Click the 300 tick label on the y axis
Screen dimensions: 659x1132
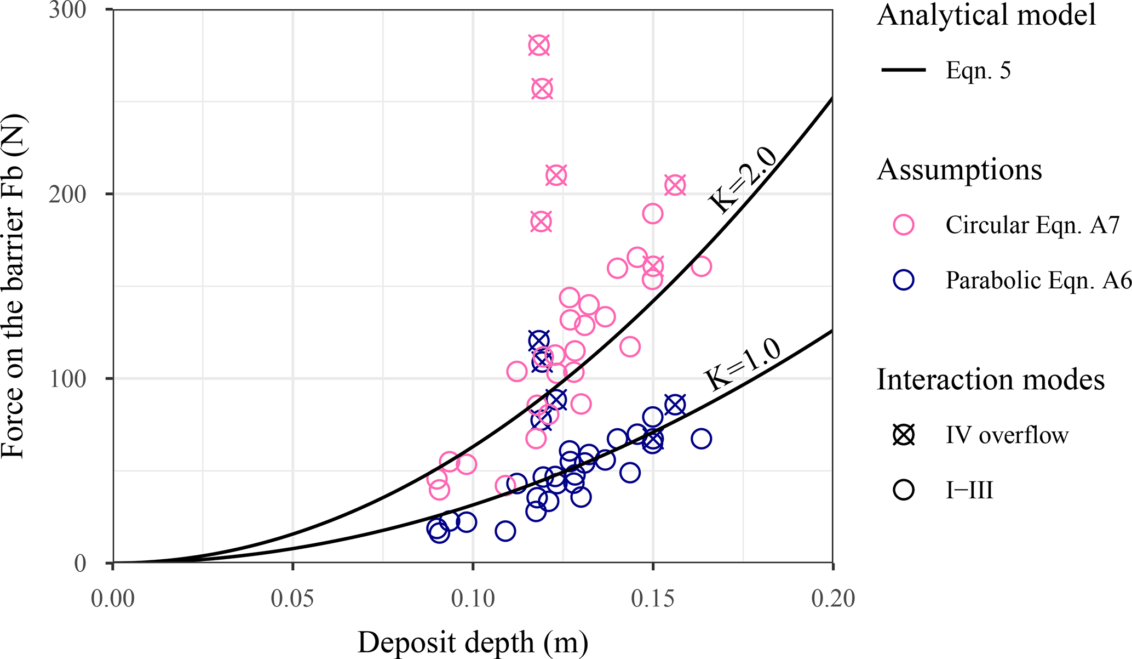click(67, 10)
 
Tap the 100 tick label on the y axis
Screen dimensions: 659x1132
click(67, 379)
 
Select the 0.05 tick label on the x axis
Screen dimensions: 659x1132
click(292, 599)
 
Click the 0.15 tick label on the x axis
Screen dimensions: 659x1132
click(652, 599)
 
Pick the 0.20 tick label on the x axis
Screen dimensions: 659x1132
click(832, 599)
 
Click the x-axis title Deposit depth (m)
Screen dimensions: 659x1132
click(473, 642)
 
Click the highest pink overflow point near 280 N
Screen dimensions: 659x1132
click(539, 46)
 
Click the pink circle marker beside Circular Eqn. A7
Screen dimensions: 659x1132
click(904, 225)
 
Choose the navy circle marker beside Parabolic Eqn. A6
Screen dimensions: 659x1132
click(904, 280)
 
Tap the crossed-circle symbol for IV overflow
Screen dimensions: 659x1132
click(904, 435)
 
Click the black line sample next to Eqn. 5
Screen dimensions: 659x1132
click(904, 70)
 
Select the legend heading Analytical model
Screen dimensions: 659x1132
click(986, 15)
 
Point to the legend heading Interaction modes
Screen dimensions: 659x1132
click(990, 379)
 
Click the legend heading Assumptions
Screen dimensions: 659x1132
click(959, 170)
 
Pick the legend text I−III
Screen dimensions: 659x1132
click(969, 490)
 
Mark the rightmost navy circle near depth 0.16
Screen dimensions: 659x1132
click(701, 439)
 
